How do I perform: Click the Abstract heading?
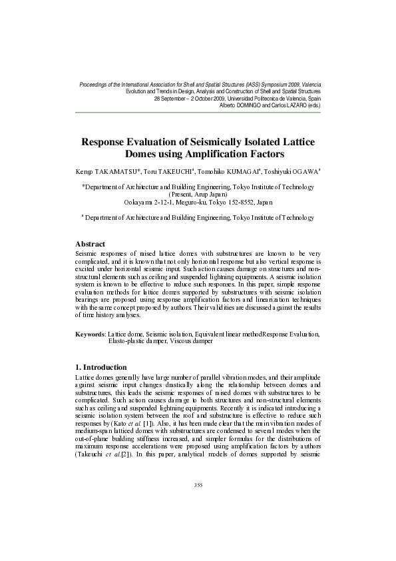91,245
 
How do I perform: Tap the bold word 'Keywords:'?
91,333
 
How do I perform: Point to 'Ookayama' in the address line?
140,202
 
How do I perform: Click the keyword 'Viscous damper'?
190,340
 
